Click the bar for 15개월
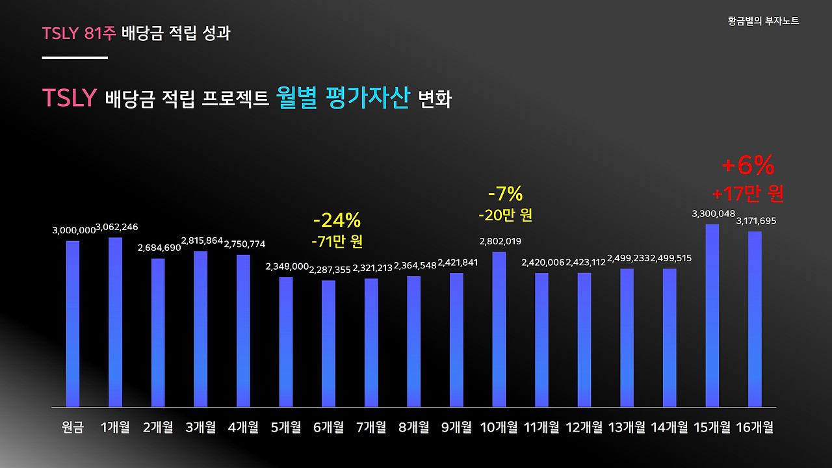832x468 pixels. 712,316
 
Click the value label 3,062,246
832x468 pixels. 117,227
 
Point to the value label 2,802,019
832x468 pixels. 500,241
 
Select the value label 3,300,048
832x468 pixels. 714,214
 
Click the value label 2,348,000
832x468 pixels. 287,266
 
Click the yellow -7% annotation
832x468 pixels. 505,194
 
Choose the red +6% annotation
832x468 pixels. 748,166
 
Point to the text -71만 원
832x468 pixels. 337,242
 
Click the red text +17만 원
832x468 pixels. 748,193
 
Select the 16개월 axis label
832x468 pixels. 755,428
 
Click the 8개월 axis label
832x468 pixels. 414,428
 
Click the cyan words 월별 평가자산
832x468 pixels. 343,98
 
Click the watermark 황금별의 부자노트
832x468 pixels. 764,21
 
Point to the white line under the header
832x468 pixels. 75,58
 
